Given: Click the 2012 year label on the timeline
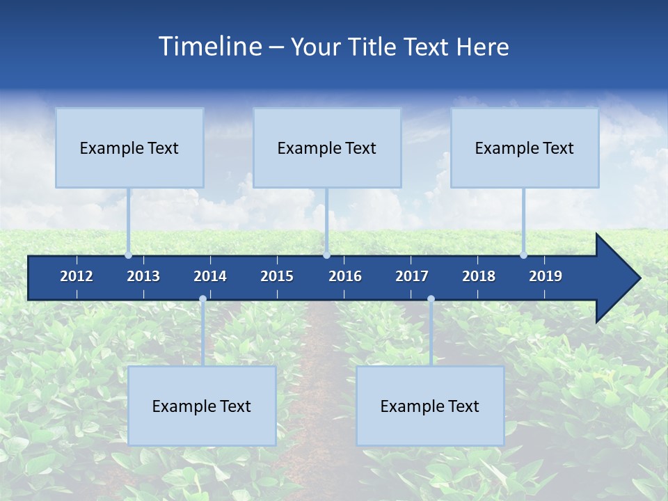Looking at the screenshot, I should point(77,276).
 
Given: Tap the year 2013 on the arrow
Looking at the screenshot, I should point(143,276).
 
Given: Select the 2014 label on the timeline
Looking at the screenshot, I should point(210,276).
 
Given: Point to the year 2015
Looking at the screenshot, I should point(277,276).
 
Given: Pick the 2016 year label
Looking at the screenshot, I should point(345,276).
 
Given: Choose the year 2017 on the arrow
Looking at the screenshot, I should point(412,276).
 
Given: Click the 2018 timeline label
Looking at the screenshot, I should point(479,276).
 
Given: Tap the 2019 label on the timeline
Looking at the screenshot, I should point(546,276).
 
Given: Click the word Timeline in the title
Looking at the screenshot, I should point(209,47).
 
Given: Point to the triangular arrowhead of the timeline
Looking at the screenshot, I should point(618,278).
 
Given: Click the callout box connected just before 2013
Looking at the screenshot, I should point(129,148).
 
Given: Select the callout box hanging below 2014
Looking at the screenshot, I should point(202,406).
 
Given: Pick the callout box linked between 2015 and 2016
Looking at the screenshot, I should point(327,148).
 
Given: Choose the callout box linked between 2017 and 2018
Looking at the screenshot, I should point(430,406).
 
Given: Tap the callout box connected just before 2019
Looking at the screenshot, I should point(525,148).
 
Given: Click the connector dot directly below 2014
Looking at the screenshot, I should point(202,299).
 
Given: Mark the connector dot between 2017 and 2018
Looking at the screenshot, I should point(431,299).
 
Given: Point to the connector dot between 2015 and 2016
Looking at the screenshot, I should point(326,255).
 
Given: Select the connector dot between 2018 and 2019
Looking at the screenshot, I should point(523,255).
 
